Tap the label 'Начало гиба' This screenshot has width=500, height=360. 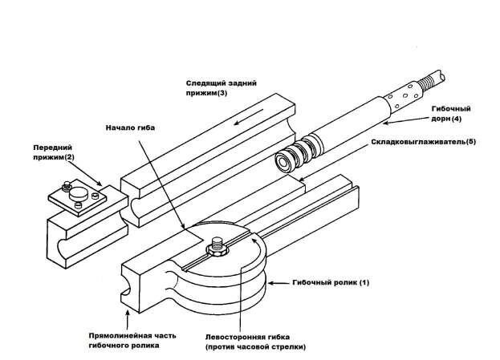131,127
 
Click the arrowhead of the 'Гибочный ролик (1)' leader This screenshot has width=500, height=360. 270,282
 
